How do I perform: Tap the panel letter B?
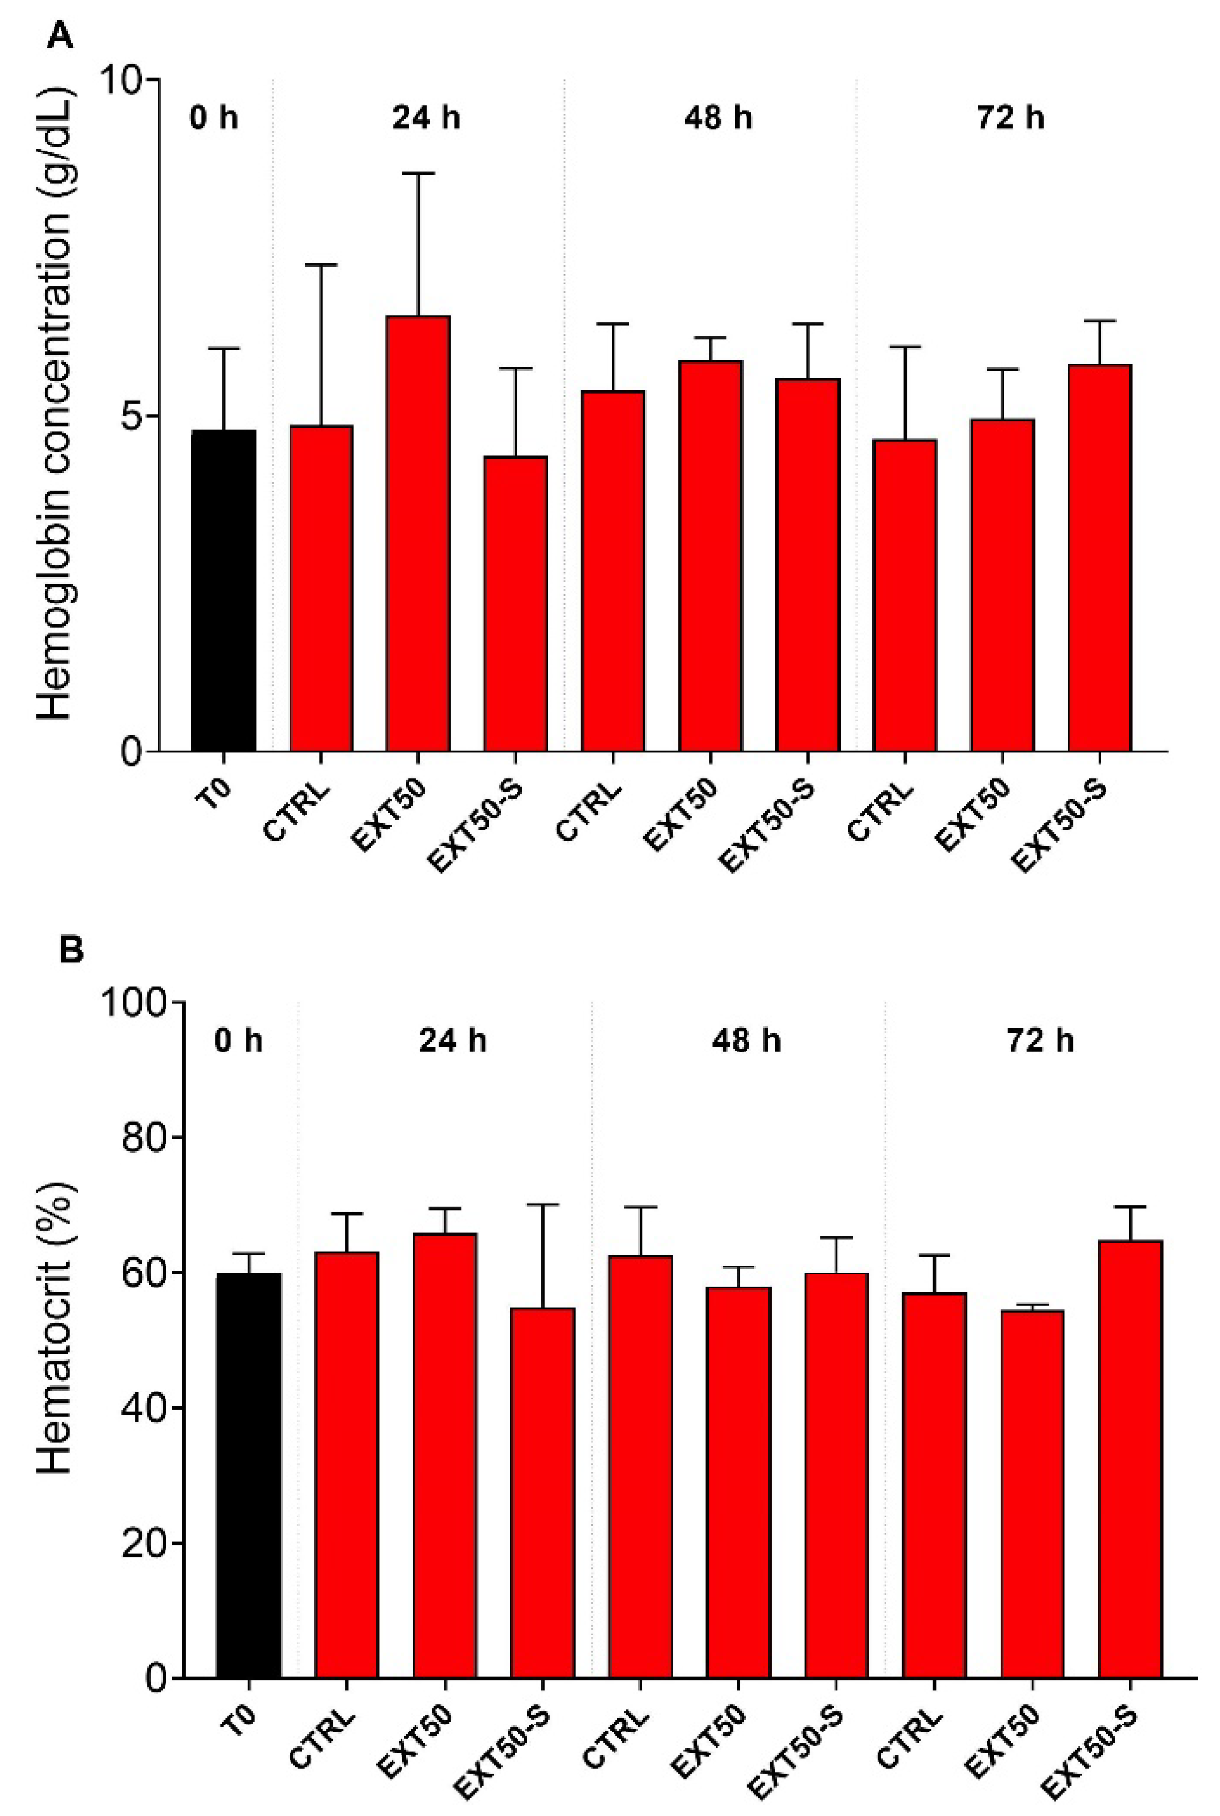point(70,951)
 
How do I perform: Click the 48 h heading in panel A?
point(717,118)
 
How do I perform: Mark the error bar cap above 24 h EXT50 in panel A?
point(418,173)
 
